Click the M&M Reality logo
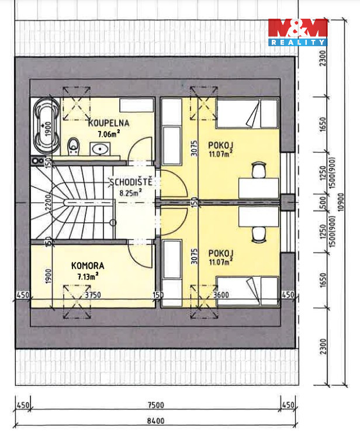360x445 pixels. [297, 32]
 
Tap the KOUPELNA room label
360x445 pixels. [109, 123]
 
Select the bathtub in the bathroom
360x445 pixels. [46, 126]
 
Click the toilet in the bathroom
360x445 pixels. [74, 147]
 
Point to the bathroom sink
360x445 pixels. [100, 149]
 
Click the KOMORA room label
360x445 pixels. [88, 266]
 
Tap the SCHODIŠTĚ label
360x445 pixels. [131, 182]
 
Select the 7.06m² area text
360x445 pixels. [109, 134]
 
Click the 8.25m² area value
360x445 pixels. [130, 193]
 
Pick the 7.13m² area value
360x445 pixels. [88, 276]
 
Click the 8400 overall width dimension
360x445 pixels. [155, 420]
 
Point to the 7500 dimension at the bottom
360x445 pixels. [155, 405]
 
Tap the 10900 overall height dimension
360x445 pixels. [341, 202]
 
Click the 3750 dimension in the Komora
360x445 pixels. [93, 295]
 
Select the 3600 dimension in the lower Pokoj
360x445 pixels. [221, 295]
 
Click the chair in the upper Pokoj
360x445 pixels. [259, 170]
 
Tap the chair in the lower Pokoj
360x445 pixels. [259, 234]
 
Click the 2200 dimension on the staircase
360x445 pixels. [48, 202]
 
